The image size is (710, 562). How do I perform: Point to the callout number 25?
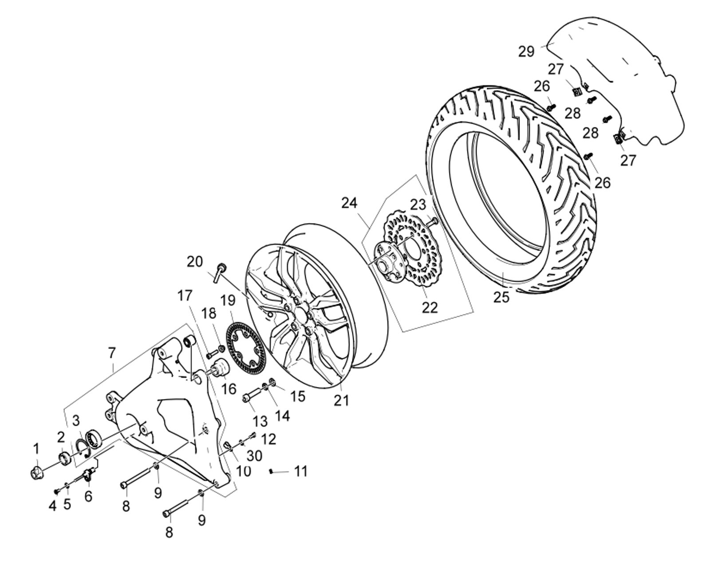501,297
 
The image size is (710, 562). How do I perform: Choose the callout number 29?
526,51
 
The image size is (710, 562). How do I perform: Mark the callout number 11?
301,471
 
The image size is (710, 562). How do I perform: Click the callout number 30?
254,456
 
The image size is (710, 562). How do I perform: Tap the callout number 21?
341,400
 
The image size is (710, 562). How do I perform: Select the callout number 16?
229,389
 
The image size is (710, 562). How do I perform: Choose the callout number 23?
418,204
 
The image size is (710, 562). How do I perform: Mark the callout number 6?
88,496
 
